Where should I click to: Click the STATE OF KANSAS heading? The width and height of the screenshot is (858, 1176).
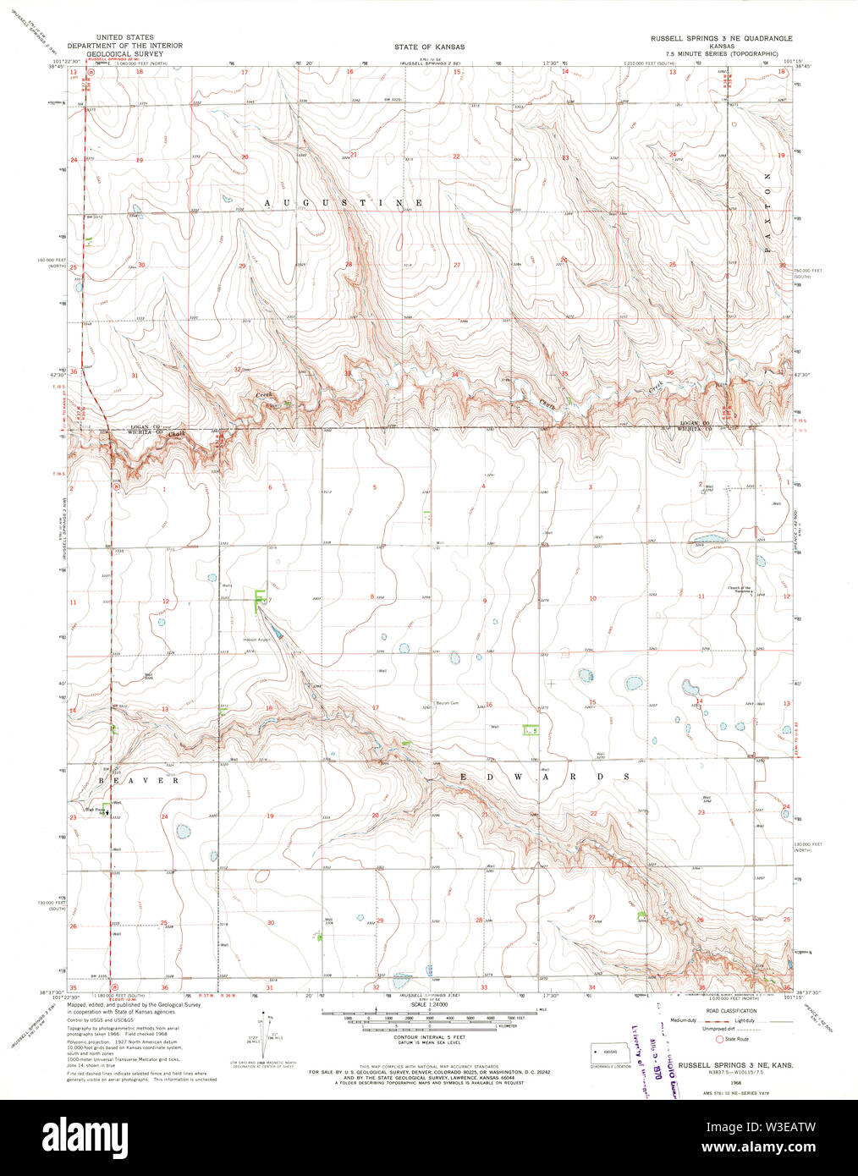coord(429,47)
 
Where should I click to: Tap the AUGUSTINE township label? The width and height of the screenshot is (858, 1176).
coord(344,203)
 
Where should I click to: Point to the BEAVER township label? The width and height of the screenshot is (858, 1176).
coord(139,780)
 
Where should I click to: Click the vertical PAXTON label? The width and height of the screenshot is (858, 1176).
coord(768,218)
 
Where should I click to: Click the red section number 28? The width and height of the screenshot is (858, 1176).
coord(349,265)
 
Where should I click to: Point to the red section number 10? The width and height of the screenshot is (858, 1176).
coord(592,598)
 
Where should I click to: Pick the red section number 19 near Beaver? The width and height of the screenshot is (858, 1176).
coord(271,816)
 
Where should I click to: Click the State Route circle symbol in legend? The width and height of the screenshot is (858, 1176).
coord(720,1038)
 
